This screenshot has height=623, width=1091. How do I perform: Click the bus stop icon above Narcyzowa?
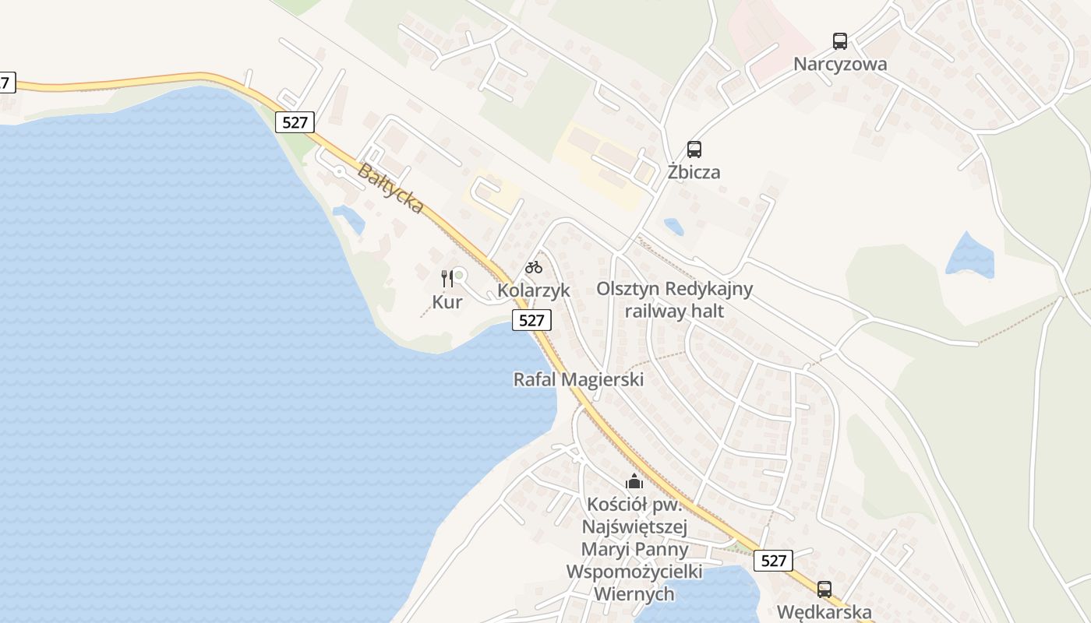[839, 41]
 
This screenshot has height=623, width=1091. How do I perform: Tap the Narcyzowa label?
[840, 64]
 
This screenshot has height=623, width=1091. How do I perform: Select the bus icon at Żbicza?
[694, 149]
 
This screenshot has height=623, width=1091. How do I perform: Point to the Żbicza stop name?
[694, 171]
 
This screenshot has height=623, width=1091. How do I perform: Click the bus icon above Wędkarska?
[824, 590]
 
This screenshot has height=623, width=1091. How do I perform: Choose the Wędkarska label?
[824, 612]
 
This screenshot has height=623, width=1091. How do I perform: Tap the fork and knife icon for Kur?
[447, 279]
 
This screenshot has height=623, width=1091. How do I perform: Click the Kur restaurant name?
[447, 302]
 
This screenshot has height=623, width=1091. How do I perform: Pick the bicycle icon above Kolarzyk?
[534, 267]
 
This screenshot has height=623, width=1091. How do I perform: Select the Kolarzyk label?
[534, 290]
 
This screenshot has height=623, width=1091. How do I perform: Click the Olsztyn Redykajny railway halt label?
[675, 300]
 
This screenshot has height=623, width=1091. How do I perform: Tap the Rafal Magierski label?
[578, 380]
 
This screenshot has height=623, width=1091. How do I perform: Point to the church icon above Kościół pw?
[634, 481]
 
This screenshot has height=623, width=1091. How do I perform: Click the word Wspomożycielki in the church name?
[634, 572]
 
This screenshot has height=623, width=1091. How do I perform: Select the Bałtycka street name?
[390, 188]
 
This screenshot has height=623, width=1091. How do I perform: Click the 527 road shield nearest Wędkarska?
[773, 561]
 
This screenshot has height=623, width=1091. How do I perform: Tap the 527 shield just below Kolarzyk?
[531, 320]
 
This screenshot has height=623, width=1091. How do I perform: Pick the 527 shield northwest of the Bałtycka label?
[295, 122]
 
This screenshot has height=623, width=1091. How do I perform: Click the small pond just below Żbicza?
[673, 227]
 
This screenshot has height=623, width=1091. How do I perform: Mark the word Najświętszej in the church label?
[634, 527]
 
